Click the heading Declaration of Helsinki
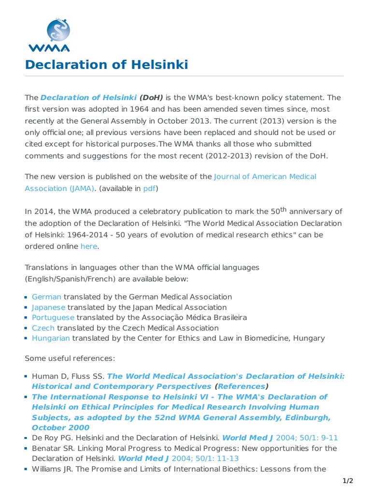click(x=106, y=65)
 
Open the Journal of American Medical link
click(x=265, y=177)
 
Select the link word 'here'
click(x=88, y=246)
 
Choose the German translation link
click(x=46, y=297)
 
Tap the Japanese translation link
click(x=48, y=307)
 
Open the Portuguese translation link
click(x=53, y=317)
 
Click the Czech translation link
click(x=43, y=328)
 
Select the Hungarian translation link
click(x=51, y=338)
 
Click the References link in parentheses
click(x=241, y=386)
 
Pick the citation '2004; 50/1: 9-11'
click(x=307, y=438)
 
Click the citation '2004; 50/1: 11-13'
click(x=208, y=458)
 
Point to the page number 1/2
click(x=348, y=480)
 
